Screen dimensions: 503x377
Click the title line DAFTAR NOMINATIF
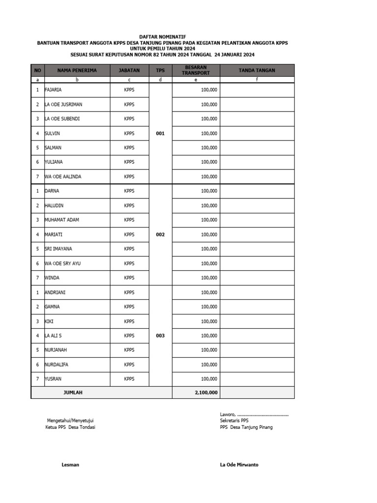162,37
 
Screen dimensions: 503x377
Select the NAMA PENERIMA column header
77,70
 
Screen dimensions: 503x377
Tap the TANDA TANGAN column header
257,70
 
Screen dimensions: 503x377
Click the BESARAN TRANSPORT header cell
195,70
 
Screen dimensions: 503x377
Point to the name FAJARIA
53,90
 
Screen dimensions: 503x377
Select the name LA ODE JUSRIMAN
63,105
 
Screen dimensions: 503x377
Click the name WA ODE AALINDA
62,176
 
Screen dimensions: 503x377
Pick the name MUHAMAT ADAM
61,220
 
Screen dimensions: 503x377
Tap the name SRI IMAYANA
58,249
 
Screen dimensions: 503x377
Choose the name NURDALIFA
57,364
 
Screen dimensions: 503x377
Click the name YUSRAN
53,379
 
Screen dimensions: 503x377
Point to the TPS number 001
160,133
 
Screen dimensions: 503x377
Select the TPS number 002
160,234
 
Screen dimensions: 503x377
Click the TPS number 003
160,335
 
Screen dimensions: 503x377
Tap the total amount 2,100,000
206,392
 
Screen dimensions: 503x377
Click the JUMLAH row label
73,392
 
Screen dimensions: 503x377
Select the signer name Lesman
70,465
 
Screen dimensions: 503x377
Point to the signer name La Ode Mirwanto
239,465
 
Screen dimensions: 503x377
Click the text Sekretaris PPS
234,420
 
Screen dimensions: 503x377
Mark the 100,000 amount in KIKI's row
209,321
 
